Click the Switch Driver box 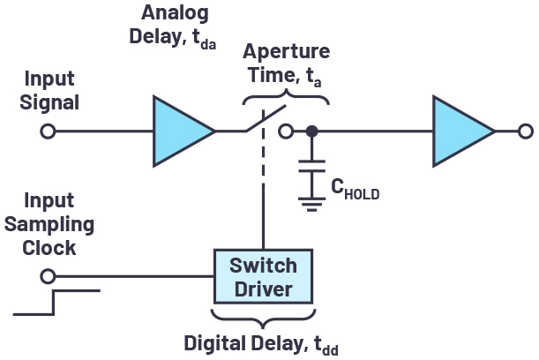(x=263, y=276)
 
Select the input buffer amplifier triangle (x=181, y=131)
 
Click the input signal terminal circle (x=49, y=131)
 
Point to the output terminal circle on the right (x=526, y=131)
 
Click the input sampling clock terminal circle (x=49, y=276)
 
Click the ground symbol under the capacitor (x=311, y=205)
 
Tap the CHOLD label (x=355, y=188)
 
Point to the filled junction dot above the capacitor (x=311, y=131)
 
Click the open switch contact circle (x=285, y=131)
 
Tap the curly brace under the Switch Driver (x=263, y=314)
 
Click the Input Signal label (x=50, y=89)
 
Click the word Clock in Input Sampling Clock (x=50, y=247)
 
